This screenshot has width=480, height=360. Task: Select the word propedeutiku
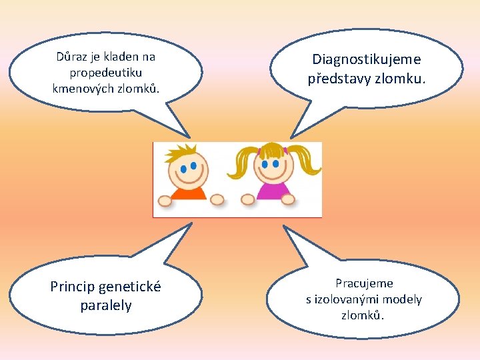coord(105,72)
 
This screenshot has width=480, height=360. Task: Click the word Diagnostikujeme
coord(366,59)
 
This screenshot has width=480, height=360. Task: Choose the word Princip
coord(72,287)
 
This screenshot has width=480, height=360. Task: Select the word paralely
coord(105,305)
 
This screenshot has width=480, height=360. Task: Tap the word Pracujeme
coord(364,283)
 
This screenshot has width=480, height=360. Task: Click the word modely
coord(403,299)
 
